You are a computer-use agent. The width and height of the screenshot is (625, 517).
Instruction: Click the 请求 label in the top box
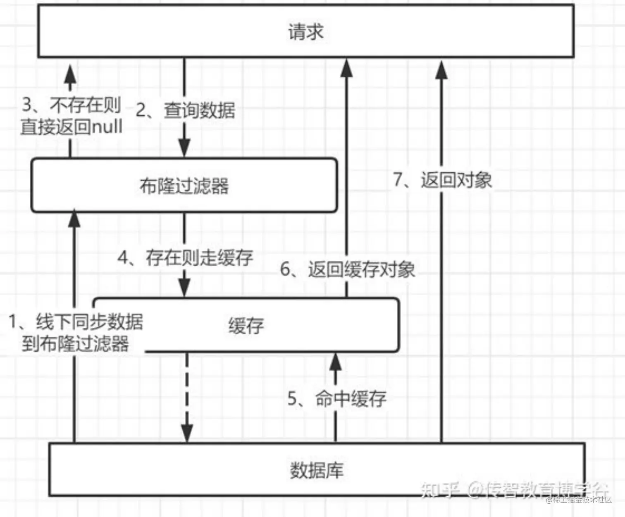[305, 32]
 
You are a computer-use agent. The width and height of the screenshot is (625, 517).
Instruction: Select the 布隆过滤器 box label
[184, 186]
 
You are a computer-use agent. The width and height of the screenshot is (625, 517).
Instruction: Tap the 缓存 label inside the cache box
[246, 326]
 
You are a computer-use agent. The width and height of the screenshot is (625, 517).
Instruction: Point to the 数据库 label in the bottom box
[317, 470]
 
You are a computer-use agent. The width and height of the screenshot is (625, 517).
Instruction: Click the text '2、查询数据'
[186, 110]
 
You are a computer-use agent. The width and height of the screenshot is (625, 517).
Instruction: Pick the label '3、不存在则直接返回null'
[71, 116]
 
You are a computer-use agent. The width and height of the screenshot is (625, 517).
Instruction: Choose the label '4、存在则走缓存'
[185, 257]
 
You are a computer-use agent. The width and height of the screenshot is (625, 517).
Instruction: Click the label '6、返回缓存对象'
[348, 269]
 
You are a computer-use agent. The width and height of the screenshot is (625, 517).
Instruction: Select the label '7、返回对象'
[442, 180]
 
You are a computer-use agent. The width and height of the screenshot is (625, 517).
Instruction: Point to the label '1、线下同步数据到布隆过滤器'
[76, 333]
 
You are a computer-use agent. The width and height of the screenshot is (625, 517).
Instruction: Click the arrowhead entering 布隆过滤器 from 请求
[184, 148]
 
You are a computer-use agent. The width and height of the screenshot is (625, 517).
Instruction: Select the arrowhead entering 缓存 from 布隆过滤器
[184, 287]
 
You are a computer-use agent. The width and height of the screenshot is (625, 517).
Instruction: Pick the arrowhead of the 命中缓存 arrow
[335, 362]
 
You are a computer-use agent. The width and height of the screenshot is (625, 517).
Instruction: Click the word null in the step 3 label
[107, 126]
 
